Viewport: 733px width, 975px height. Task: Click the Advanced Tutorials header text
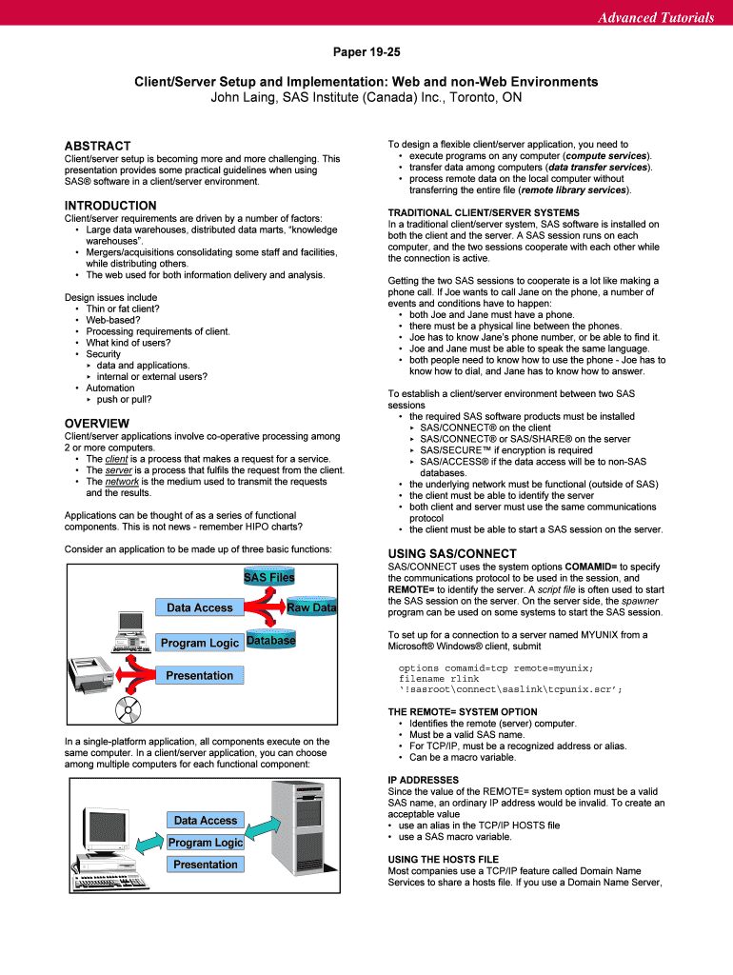655,17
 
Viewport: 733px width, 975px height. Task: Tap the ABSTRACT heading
97,146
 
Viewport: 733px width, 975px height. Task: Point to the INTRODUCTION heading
110,206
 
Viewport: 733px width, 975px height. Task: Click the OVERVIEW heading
96,423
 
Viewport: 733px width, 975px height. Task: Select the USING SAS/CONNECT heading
452,553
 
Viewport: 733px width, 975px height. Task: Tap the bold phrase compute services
606,155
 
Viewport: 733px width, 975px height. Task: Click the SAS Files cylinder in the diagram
269,577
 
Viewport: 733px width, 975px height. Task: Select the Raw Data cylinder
312,607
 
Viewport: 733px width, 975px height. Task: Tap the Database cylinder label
270,641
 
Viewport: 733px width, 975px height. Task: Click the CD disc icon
127,709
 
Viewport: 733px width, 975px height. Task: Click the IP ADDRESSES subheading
424,780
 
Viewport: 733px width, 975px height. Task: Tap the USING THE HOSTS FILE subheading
443,860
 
